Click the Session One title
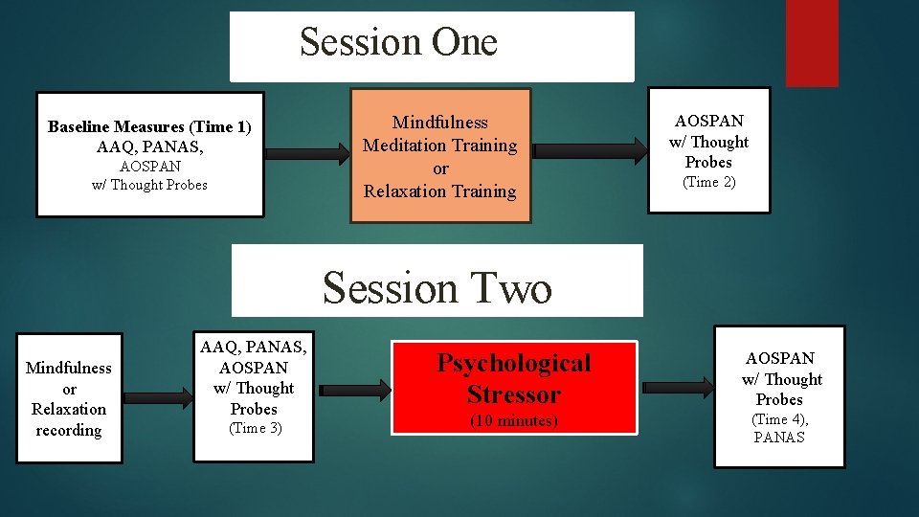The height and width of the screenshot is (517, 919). pos(398,42)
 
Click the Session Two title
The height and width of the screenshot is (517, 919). pos(437,287)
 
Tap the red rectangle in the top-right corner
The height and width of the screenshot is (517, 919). pos(811,42)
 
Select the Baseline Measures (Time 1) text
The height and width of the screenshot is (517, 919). pos(149,126)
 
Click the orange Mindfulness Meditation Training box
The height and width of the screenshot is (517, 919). pos(439,155)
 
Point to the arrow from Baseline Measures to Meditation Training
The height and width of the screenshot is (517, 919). pos(306,153)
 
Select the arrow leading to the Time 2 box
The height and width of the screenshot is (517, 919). pos(588,150)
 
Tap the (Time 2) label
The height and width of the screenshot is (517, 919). pos(708,182)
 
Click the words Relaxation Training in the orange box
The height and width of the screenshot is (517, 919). pos(439,191)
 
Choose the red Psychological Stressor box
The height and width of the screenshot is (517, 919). pos(514,388)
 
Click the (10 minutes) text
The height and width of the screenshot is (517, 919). pos(514,420)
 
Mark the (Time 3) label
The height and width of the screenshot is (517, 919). pos(254,428)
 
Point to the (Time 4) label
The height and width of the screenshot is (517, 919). pos(780,419)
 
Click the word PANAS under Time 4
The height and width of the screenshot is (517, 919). pos(779,438)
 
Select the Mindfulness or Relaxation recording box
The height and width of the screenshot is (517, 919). pos(69,398)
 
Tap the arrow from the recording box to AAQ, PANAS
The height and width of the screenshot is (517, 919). pos(157,396)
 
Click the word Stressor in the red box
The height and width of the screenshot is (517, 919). pos(514,393)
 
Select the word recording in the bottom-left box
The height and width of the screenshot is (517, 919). pos(69,430)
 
